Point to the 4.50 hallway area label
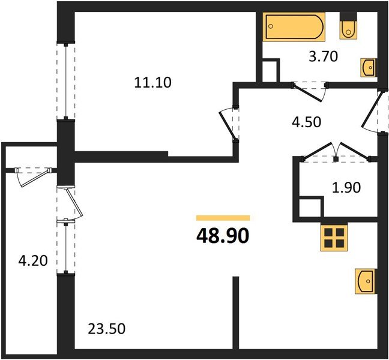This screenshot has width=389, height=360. pos(306,122)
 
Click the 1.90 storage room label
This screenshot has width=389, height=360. pos(346,188)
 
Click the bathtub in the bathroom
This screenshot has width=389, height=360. pos(295,27)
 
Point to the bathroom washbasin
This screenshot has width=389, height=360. pos(368,68)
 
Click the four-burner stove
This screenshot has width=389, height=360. pos(335,239)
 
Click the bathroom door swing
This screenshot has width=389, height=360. pos(310,90)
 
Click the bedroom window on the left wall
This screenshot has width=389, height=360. pos(62,81)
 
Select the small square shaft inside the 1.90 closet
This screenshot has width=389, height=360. pos(310,208)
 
